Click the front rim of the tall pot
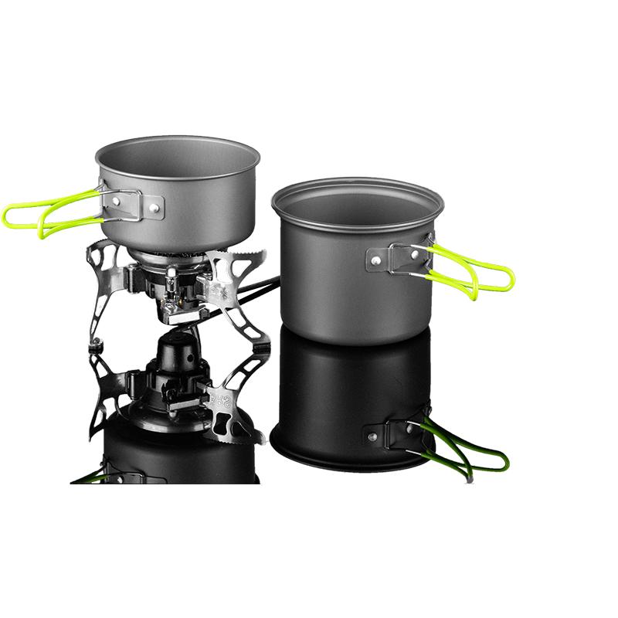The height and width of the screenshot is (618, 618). (355, 229)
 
